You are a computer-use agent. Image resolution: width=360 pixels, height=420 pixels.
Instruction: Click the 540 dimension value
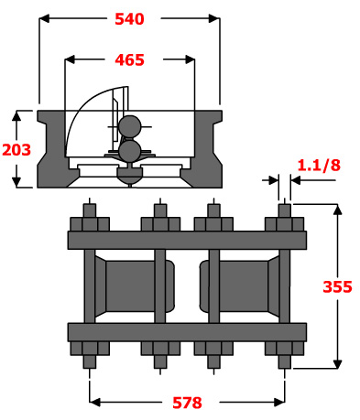(129, 19)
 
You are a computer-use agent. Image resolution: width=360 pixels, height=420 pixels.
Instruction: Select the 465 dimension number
(129, 59)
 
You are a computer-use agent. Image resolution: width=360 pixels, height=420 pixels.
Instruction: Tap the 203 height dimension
(16, 150)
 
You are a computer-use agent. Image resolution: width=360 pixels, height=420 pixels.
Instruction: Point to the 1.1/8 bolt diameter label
(319, 165)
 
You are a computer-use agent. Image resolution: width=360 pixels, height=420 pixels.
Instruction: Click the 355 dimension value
(337, 286)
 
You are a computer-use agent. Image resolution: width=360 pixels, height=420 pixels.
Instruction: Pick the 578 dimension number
(187, 403)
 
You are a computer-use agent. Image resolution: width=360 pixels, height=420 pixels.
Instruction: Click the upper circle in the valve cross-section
(130, 126)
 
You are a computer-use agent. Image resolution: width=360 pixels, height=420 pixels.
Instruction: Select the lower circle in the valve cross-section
(130, 150)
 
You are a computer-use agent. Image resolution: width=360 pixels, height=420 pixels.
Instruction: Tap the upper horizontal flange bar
(187, 240)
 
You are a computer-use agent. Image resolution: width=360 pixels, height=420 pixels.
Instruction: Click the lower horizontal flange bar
(187, 332)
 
